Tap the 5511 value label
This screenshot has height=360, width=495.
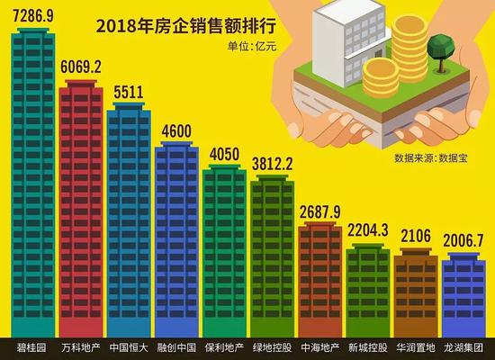point(128,94)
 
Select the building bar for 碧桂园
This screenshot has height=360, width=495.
point(34,180)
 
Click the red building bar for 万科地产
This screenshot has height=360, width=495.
point(82,207)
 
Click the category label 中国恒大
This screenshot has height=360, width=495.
point(130,347)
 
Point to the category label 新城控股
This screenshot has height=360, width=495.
point(367,347)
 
